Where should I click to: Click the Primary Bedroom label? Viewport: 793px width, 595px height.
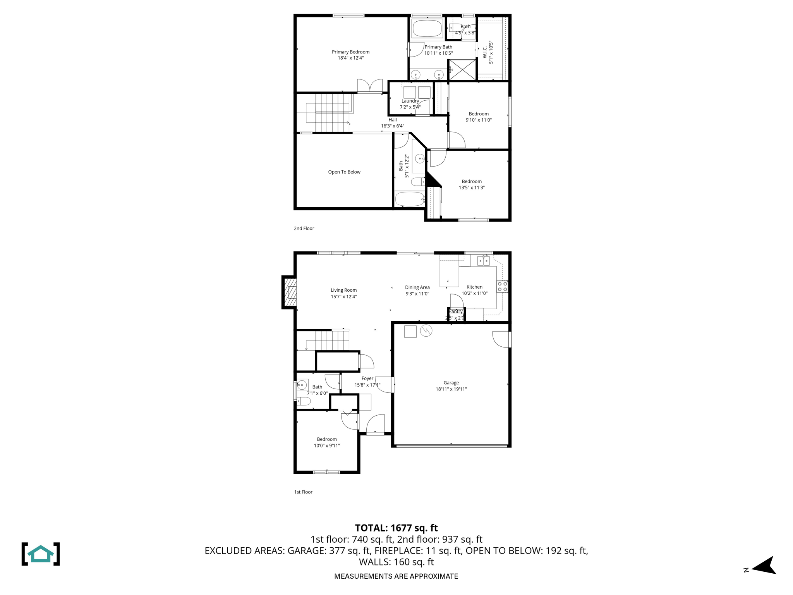tap(350, 52)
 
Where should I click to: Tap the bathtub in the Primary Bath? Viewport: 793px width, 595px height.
tap(427, 28)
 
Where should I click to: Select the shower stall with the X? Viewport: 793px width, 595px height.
tap(462, 70)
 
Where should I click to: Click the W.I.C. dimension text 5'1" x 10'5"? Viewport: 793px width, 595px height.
tap(491, 52)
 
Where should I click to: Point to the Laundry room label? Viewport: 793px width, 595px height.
tap(410, 101)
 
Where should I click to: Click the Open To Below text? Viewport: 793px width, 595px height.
tap(344, 172)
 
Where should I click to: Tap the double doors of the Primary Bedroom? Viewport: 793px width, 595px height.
tap(370, 86)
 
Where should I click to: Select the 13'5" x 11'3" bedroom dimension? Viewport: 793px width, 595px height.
tap(472, 187)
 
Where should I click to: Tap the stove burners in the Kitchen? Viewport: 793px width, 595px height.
tap(503, 287)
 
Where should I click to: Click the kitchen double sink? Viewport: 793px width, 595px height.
tap(483, 261)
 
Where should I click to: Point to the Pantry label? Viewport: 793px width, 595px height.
tap(456, 311)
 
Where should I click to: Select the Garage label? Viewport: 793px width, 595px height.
tap(451, 383)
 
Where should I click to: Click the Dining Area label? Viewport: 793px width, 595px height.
tap(417, 287)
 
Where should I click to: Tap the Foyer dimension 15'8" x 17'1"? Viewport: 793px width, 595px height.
tap(367, 385)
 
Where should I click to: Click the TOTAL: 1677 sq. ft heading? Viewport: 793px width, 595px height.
tap(396, 528)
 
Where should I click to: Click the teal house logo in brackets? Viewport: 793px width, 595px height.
tap(41, 554)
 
